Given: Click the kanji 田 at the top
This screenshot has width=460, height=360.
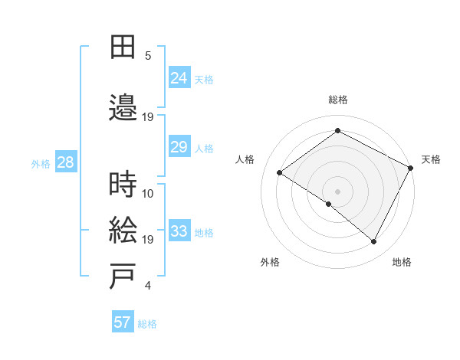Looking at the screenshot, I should point(123,47).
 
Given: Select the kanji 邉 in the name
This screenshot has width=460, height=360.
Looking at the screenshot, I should point(123,108).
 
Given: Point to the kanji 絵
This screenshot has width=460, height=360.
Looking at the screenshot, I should point(123,231).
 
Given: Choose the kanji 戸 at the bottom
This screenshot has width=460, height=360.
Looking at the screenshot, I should point(123,277).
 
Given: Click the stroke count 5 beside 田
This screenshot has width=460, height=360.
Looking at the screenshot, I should point(148,56).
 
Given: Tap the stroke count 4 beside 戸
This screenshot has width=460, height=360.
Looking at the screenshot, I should point(148,286).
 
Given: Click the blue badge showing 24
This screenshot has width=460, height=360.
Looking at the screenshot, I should point(179,78).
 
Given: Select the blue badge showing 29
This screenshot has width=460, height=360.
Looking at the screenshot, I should point(179,147).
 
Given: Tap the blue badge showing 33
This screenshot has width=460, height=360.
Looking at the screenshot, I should point(179,231).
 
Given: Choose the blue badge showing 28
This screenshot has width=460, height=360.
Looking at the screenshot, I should point(65,162).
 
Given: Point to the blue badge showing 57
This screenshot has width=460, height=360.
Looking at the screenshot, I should point(123,322).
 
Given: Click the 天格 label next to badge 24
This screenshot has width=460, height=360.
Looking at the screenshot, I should point(204,80).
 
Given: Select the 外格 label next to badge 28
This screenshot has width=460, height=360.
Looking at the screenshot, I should point(40,163).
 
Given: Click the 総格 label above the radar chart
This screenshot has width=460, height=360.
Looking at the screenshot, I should point(338,100).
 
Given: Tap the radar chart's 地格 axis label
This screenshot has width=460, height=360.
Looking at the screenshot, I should point(402,263).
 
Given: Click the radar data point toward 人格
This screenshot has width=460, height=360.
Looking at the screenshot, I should point(280,173).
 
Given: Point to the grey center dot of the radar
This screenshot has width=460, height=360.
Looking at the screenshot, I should point(337,191).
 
